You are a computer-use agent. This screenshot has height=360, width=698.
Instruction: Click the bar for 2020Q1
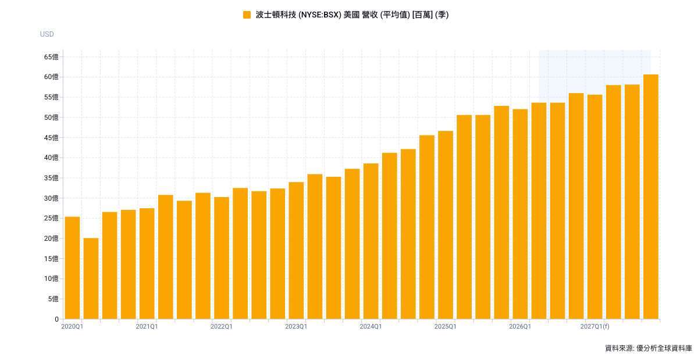(x=72, y=268)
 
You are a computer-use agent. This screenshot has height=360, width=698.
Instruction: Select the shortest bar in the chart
(x=91, y=279)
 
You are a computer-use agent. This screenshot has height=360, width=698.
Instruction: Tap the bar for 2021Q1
(x=147, y=263)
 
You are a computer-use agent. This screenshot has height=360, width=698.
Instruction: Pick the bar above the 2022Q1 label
(x=222, y=258)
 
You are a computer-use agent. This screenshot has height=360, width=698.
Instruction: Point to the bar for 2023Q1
(x=296, y=250)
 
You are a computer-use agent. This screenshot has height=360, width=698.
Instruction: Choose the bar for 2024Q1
(x=371, y=241)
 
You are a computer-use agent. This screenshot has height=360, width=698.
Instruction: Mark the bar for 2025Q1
(x=446, y=224)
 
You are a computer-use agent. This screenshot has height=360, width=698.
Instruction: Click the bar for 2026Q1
(x=521, y=214)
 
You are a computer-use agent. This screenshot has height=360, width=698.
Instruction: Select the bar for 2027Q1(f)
(x=595, y=206)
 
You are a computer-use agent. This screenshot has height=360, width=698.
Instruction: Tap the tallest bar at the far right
(x=651, y=197)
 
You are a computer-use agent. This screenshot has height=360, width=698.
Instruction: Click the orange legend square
(x=247, y=15)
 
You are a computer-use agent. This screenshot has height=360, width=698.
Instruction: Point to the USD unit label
(x=47, y=34)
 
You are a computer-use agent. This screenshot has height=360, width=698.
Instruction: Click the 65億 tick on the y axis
(x=51, y=57)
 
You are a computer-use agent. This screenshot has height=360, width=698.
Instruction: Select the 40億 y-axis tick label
(x=51, y=158)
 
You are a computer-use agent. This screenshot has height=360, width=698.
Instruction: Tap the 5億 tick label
(x=53, y=299)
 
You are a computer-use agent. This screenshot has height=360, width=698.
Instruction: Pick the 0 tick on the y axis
(x=57, y=319)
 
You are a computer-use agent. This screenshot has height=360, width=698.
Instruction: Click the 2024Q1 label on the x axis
(x=371, y=326)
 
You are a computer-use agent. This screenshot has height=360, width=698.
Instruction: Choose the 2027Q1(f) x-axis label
(x=595, y=326)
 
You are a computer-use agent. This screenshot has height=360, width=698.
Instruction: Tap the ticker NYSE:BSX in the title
(x=320, y=15)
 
